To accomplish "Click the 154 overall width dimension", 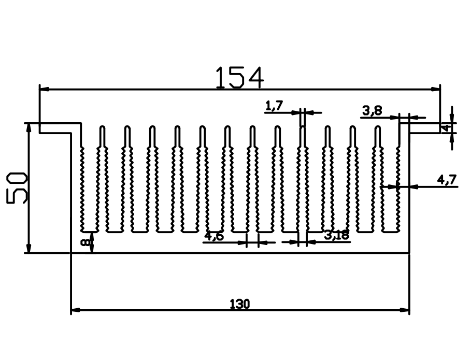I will tap(239, 77).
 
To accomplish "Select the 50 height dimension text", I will tap(17, 188).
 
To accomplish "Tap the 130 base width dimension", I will tap(239, 304).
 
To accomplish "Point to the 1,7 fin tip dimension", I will tap(274, 106).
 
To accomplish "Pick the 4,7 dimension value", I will tap(447, 180).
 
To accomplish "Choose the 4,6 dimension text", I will tap(214, 237).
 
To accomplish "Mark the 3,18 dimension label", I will tap(337, 236).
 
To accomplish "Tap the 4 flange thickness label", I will tap(445, 127).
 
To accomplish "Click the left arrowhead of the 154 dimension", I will tap(44, 89).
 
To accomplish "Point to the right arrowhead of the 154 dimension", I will tap(436, 89).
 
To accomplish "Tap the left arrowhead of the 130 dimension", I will tap(75, 310).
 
